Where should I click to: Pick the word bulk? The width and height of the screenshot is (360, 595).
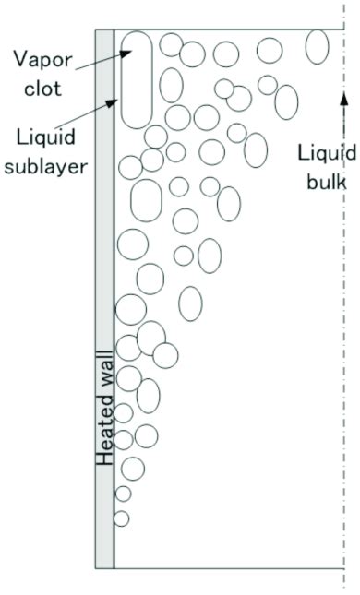pos(327,181)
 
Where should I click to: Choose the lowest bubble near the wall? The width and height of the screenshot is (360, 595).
pos(121,518)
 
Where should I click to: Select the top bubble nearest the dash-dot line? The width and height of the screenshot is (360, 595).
pos(317,46)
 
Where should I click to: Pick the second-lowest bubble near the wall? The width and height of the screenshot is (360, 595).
pos(123,494)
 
